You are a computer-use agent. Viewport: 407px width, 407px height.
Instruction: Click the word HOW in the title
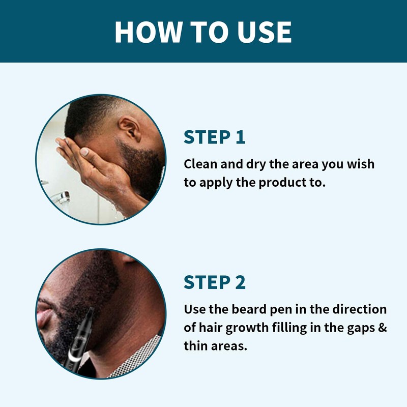click(148, 32)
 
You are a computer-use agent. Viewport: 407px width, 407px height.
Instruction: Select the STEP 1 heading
click(214, 137)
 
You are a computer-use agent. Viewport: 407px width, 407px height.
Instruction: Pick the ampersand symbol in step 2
click(382, 328)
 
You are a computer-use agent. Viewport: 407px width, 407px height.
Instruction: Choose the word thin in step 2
click(197, 346)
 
